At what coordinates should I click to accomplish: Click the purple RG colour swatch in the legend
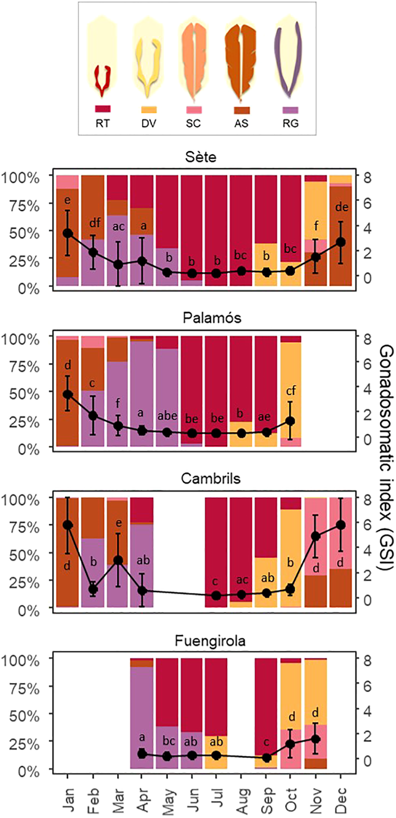[290, 110]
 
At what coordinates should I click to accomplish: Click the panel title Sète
[200, 157]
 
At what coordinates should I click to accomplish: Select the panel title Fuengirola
[210, 641]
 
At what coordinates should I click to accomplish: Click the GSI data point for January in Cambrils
[67, 525]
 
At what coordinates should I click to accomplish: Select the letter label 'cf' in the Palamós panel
[291, 391]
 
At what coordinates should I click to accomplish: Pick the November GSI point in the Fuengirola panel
[316, 739]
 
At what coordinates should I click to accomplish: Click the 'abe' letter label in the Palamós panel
[167, 416]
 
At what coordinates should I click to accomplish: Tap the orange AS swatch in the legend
[241, 110]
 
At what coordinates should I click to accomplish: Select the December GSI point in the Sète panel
[340, 242]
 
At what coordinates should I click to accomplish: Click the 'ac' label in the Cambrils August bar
[241, 580]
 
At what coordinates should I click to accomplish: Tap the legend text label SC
[193, 123]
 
